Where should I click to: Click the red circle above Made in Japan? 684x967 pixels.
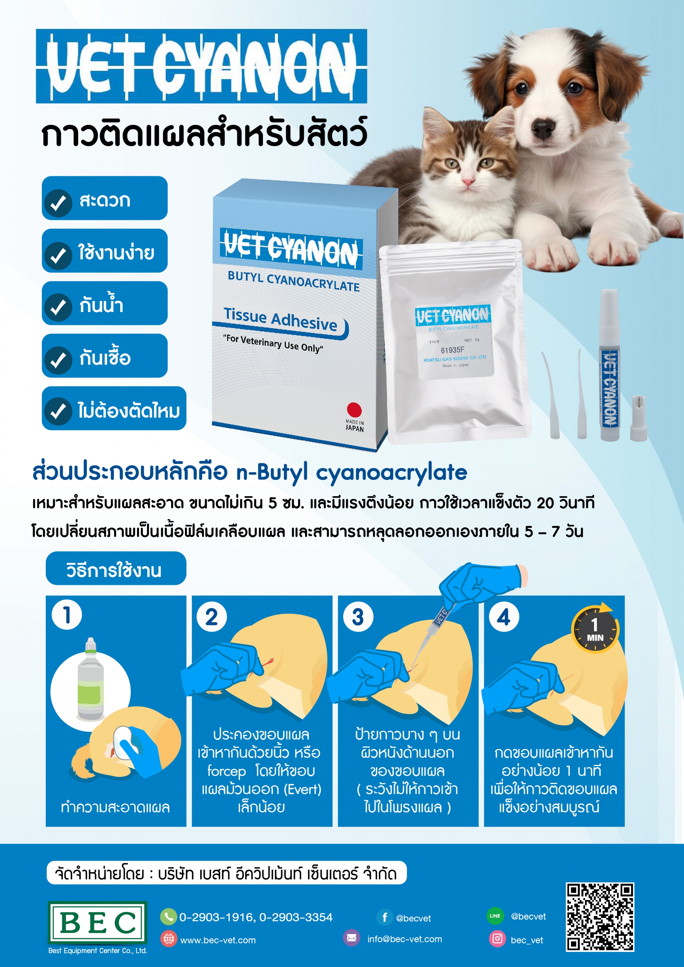click(x=354, y=409)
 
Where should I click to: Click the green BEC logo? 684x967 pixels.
click(x=97, y=922)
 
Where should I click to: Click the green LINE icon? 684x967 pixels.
click(x=495, y=916)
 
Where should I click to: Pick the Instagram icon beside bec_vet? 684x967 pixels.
click(x=497, y=939)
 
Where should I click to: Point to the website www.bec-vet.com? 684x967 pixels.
click(x=218, y=940)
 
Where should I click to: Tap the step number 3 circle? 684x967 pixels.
click(x=358, y=617)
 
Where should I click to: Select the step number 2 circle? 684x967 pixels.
click(x=211, y=617)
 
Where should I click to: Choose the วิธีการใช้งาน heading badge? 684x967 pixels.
click(x=116, y=568)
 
